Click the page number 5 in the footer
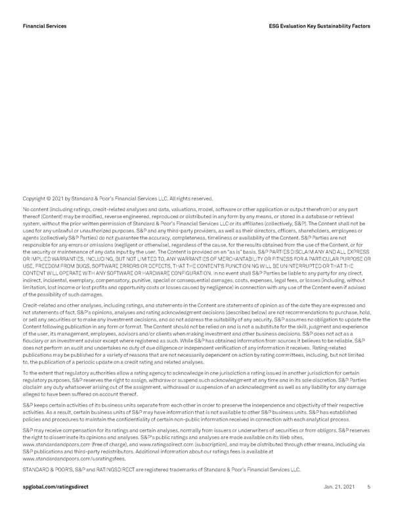[369, 487]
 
